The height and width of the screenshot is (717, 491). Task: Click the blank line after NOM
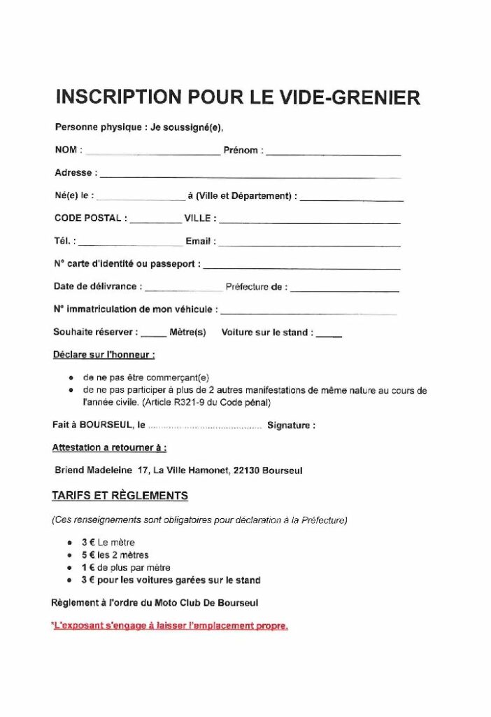[152, 153]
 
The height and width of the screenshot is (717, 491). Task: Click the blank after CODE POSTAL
[155, 221]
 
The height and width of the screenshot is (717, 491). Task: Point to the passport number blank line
[301, 267]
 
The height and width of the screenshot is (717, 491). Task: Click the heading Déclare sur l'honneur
[104, 355]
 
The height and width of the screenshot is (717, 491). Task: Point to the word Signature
[291, 425]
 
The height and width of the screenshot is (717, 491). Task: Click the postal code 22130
[245, 471]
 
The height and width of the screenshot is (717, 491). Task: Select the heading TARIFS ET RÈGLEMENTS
[120, 496]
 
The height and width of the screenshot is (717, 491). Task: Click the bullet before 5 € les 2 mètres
[70, 555]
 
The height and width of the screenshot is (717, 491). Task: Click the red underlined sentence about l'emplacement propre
[170, 626]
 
